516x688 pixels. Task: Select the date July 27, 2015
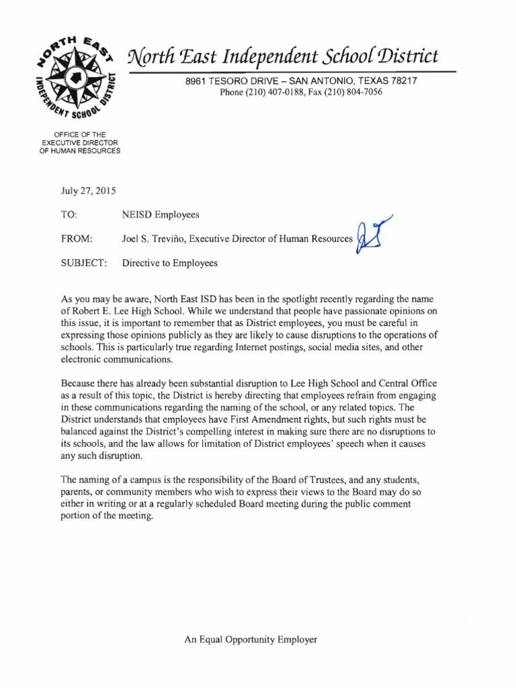point(88,191)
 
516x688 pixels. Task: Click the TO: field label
point(70,215)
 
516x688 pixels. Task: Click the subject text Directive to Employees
point(170,263)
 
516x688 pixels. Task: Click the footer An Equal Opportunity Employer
point(251,640)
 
